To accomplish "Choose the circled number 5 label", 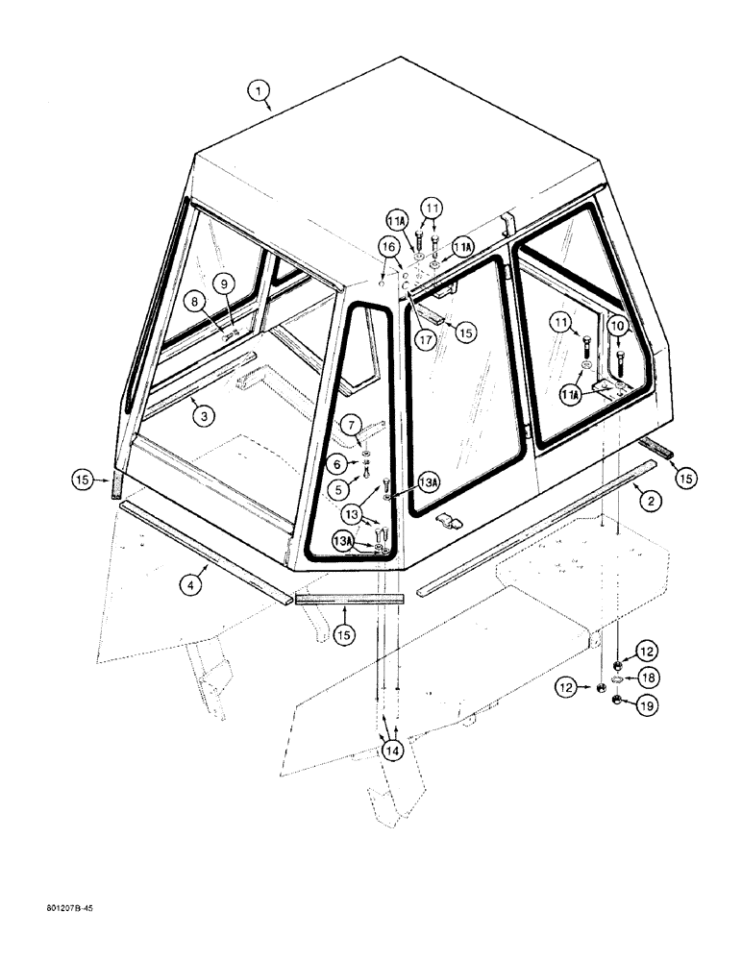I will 338,488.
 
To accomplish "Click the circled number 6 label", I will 338,464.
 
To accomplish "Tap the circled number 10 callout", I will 621,328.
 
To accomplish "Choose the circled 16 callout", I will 389,247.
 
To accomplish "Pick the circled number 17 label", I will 423,338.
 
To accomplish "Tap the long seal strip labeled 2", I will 538,524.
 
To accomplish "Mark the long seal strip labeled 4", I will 207,553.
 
